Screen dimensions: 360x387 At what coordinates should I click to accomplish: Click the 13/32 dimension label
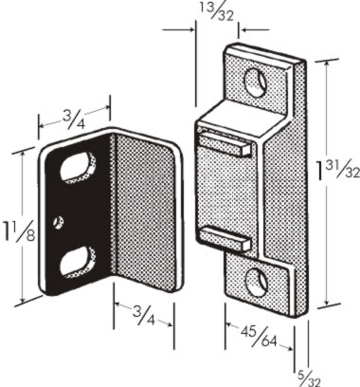[x=217, y=11]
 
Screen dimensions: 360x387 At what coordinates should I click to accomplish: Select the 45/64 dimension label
[x=259, y=336]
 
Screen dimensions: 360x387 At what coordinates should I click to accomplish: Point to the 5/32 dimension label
[x=309, y=378]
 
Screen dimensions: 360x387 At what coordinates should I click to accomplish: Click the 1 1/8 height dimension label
[x=18, y=230]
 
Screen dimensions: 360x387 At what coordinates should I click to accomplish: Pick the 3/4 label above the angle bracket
[x=74, y=120]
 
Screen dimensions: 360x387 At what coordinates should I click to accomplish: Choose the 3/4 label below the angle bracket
[x=144, y=315]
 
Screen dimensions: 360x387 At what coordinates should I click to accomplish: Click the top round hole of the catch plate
[x=256, y=82]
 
